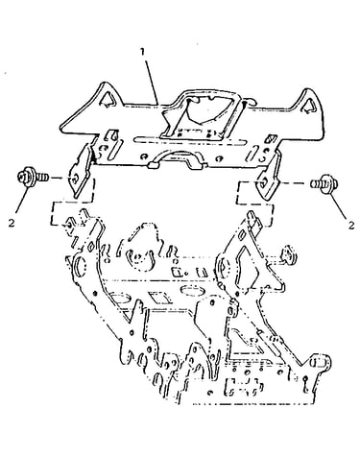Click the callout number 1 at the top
[143, 52]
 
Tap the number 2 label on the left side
[12, 223]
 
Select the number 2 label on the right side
[351, 226]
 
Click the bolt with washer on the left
[33, 178]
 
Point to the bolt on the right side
[324, 184]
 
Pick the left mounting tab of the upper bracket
[80, 172]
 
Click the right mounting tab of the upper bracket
[268, 180]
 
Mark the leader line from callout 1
[151, 81]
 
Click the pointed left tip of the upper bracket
[62, 126]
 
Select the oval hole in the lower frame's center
[193, 291]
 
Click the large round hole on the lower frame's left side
[80, 265]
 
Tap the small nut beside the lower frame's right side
[288, 254]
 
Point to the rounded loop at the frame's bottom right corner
[321, 364]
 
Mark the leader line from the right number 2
[337, 206]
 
